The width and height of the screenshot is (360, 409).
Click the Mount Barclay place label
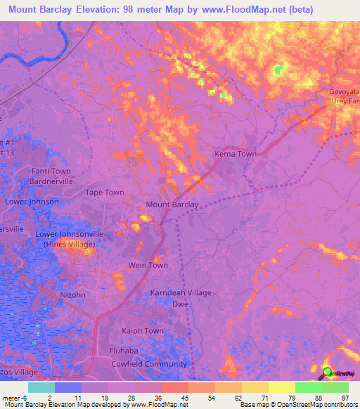tap(172, 204)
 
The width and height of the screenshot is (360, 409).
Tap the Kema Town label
tap(235, 154)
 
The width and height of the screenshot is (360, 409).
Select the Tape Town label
tap(105, 193)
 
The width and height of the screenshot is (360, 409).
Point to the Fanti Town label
tap(51, 171)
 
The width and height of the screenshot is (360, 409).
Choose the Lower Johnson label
tap(32, 202)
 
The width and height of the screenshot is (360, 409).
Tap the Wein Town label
tap(148, 265)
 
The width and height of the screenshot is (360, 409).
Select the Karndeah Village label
tap(181, 292)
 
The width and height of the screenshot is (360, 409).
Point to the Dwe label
tap(179, 304)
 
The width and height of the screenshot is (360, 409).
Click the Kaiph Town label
tap(143, 330)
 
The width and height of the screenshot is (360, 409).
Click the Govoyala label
tap(345, 92)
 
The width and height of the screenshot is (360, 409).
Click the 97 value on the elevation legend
tap(344, 397)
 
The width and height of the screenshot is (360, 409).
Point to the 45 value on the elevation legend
tap(184, 397)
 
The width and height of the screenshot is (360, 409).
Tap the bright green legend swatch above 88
tap(308, 387)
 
